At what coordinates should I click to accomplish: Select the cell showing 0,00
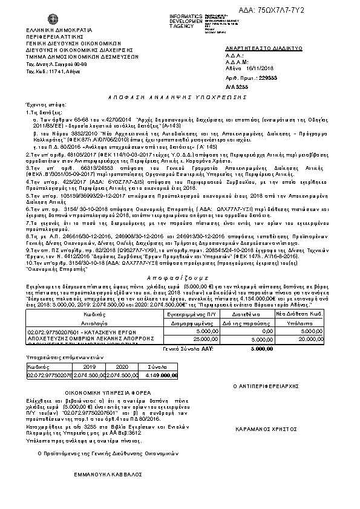(x=265, y=331)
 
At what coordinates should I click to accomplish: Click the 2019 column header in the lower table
(x=90, y=366)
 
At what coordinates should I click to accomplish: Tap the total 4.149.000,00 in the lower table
(x=160, y=375)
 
